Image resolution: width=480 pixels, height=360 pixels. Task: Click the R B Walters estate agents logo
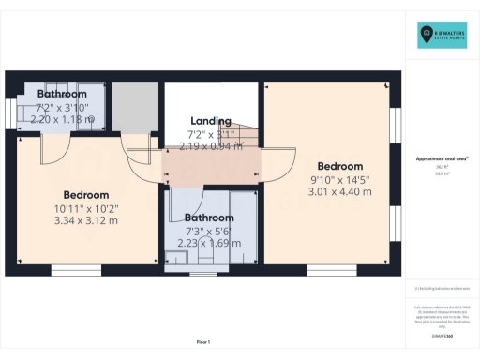click(442, 36)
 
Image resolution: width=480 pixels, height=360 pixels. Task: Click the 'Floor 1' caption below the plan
click(202, 341)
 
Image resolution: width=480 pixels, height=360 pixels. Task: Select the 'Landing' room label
click(211, 121)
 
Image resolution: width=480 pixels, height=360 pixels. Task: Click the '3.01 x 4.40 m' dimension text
click(339, 191)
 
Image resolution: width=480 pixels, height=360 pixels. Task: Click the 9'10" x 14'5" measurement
click(339, 179)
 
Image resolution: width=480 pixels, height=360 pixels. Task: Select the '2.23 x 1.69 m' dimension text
click(208, 242)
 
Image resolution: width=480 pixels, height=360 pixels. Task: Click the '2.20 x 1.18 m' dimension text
click(62, 120)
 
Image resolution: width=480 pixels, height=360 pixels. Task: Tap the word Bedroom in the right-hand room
click(339, 166)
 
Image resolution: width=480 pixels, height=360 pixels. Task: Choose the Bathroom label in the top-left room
click(62, 95)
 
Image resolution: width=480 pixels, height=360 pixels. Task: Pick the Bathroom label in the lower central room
click(208, 217)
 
